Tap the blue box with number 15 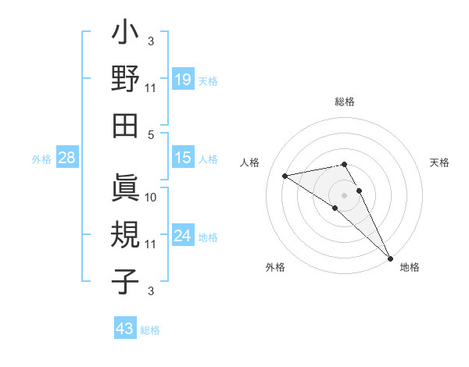click(x=182, y=158)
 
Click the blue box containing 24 click(x=182, y=236)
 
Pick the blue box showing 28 click(x=67, y=159)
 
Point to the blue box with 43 click(x=124, y=329)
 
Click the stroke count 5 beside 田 click(x=152, y=134)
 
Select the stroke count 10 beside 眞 click(x=151, y=198)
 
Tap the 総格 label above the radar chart click(x=345, y=102)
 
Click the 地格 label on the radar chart click(x=410, y=267)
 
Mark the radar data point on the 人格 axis click(x=285, y=176)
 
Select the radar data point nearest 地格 click(x=390, y=257)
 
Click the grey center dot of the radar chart click(x=345, y=194)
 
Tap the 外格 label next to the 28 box click(x=41, y=159)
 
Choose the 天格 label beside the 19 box click(x=208, y=80)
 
